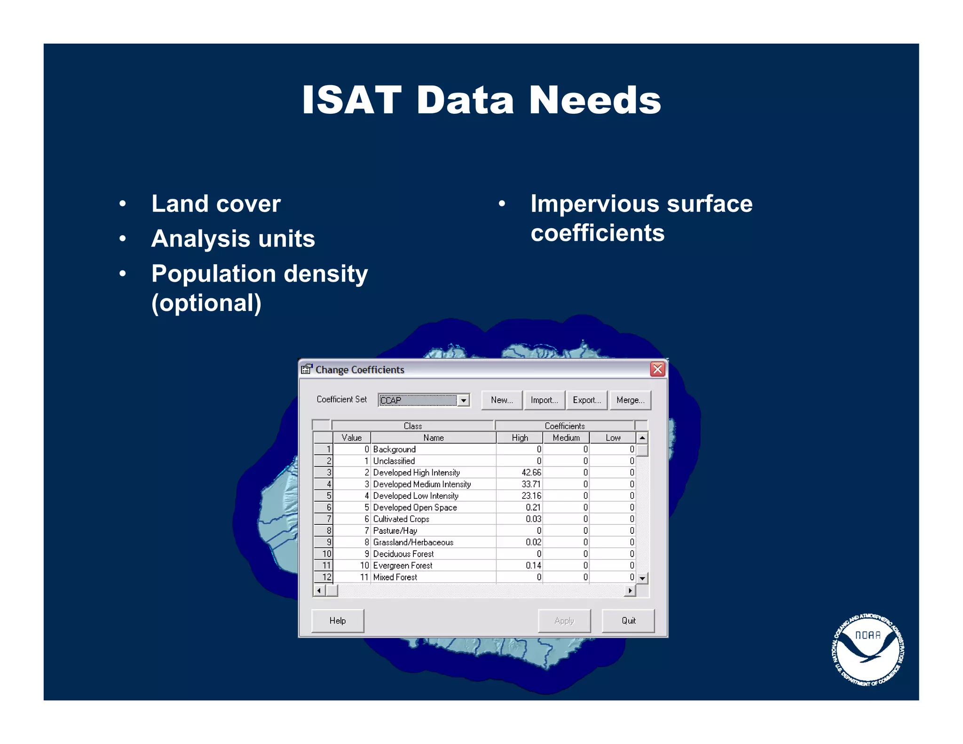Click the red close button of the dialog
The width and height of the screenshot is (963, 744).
pos(657,369)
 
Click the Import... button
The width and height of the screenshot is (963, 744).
pos(544,400)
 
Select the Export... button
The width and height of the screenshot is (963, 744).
pos(586,400)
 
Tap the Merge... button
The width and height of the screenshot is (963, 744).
pos(630,400)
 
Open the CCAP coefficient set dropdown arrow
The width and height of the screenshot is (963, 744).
pos(464,400)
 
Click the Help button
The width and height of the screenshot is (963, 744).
pos(337,621)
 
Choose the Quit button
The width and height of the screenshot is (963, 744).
pos(628,621)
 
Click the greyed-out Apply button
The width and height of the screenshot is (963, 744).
pos(564,621)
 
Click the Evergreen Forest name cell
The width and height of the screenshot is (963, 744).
pos(403,566)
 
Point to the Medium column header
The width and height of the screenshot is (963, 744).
pos(566,438)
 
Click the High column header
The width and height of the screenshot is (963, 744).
pos(520,438)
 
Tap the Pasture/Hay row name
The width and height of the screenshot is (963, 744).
pos(395,531)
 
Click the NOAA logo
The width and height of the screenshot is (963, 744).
pos(868,649)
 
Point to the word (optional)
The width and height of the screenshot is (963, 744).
pos(206,303)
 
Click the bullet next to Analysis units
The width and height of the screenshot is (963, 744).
pos(123,238)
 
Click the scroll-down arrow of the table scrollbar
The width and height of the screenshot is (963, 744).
pos(642,578)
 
